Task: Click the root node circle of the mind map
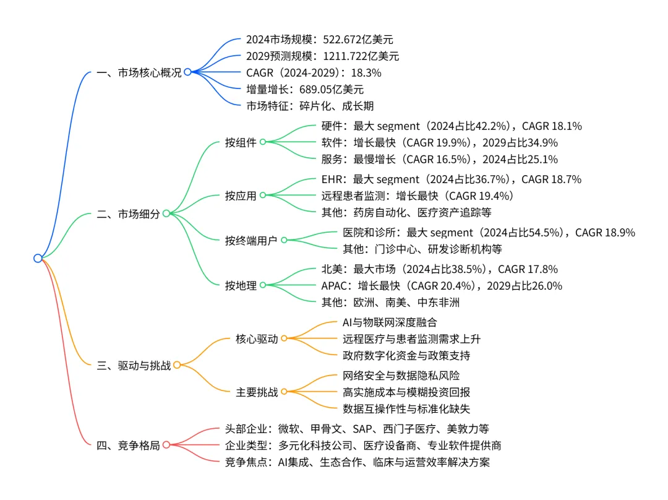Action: pyautogui.click(x=38, y=258)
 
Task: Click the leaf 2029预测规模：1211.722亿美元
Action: pyautogui.click(x=322, y=56)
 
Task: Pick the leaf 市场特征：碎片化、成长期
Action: pyautogui.click(x=310, y=106)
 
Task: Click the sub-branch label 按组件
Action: pyautogui.click(x=241, y=142)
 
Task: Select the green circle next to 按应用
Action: pyautogui.click(x=262, y=196)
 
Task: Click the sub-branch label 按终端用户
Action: pyautogui.click(x=251, y=241)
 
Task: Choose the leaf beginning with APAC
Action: pyautogui.click(x=442, y=286)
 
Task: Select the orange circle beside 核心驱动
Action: pyautogui.click(x=284, y=338)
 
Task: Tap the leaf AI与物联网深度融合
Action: pyautogui.click(x=390, y=322)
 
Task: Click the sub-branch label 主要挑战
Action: pyautogui.click(x=257, y=392)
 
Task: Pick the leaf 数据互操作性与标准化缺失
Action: pyautogui.click(x=406, y=408)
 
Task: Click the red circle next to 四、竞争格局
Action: pyautogui.click(x=166, y=445)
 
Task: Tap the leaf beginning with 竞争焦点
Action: pyautogui.click(x=358, y=462)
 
